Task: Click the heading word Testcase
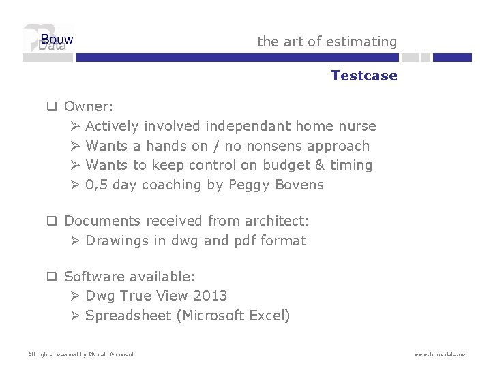click(x=363, y=76)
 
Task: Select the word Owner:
click(x=89, y=106)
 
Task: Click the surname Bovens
click(x=300, y=185)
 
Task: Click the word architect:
click(x=277, y=221)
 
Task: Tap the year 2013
click(x=210, y=296)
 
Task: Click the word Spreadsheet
click(x=130, y=316)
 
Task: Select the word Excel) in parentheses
click(x=270, y=316)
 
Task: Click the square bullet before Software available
click(x=50, y=277)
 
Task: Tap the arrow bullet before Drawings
click(x=76, y=241)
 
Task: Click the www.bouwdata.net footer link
click(x=441, y=354)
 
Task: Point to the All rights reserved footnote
click(x=81, y=354)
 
